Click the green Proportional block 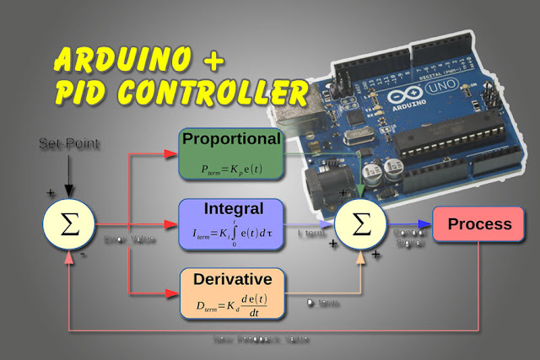click(231, 152)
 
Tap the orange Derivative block click(231, 292)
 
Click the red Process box click(478, 224)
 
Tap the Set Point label click(69, 144)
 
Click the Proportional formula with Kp click(229, 169)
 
